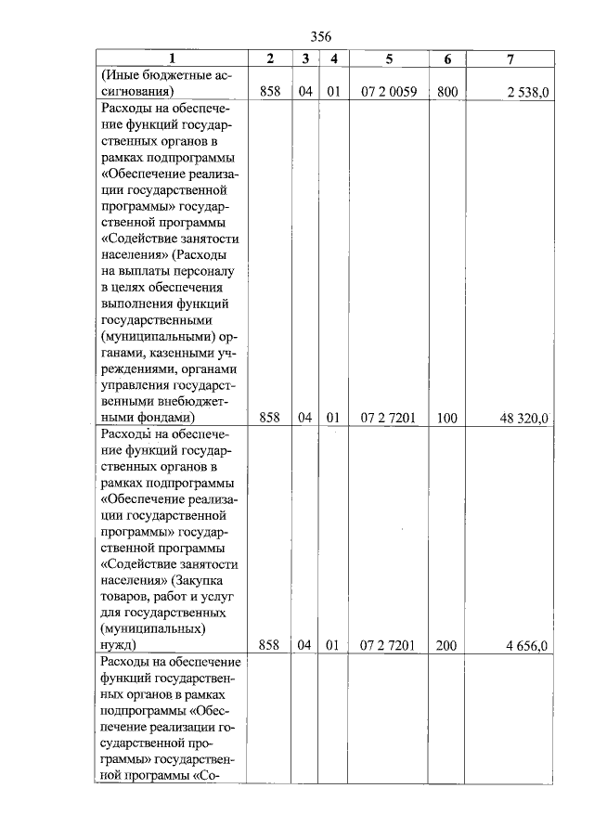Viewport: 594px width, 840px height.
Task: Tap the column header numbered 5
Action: pos(389,58)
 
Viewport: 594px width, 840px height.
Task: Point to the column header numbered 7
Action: pos(510,58)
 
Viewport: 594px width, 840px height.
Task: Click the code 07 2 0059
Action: pos(388,92)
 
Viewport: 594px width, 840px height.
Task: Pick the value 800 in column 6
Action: pos(446,92)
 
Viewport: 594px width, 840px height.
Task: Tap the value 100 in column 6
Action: pos(446,419)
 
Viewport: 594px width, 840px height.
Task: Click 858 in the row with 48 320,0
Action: pos(269,419)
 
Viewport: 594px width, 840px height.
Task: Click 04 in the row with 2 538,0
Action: pos(303,92)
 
